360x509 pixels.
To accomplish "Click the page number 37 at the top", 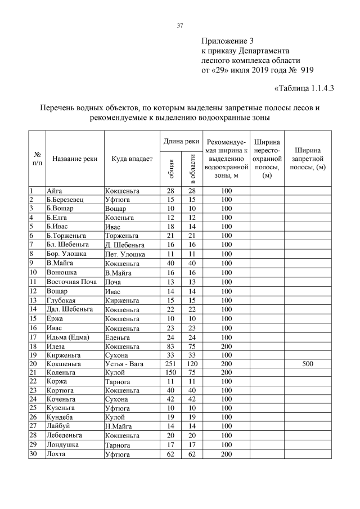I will [180, 25].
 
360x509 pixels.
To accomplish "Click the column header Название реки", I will [75, 159].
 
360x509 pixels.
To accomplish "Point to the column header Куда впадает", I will [132, 159].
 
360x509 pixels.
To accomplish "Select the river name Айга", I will [54, 191].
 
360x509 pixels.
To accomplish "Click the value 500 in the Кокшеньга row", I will [307, 364].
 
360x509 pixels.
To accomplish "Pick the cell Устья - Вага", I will [125, 364].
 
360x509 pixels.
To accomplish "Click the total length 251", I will [170, 364].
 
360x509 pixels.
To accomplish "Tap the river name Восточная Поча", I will [67, 281].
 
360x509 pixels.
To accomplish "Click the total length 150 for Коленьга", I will [170, 373].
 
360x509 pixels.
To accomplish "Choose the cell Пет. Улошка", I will [125, 254].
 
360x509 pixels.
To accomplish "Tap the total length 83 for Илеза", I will [170, 346].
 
